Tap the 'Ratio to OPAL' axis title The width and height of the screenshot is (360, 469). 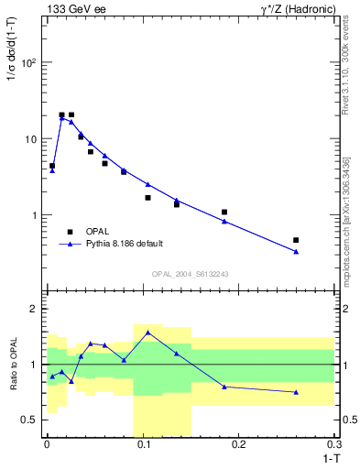(12, 364)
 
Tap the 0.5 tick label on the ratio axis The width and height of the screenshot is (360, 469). (30, 420)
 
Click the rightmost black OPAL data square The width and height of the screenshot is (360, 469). (296, 240)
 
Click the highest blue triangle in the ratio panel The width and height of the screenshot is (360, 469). (147, 333)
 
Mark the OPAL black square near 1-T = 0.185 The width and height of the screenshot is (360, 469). (224, 212)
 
